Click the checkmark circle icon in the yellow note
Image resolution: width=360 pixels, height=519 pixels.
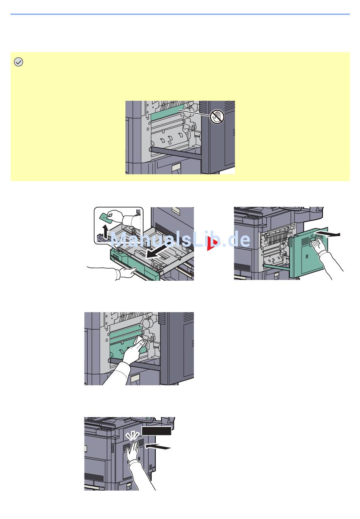click(18, 62)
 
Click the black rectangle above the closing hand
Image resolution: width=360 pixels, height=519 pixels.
click(156, 431)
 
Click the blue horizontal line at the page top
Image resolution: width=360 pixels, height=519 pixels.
click(180, 14)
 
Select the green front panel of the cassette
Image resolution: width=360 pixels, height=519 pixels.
click(133, 265)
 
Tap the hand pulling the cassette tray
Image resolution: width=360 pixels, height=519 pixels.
click(121, 272)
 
